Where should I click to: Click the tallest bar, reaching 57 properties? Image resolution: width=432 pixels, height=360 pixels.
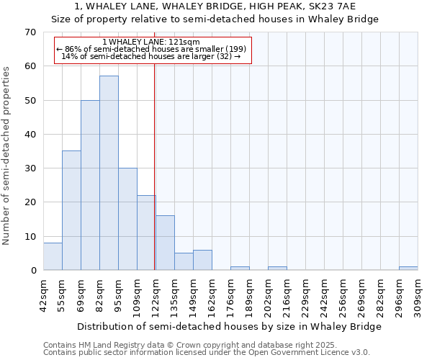tap(109, 173)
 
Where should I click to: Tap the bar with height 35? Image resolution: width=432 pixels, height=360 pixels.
tap(71, 210)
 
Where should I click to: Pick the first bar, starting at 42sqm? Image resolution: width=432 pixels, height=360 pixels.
tap(53, 256)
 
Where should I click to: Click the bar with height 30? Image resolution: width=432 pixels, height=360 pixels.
tap(127, 219)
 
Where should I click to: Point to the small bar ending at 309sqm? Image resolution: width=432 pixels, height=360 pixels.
tap(408, 269)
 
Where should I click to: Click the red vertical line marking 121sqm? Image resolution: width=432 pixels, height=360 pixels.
tap(155, 158)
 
